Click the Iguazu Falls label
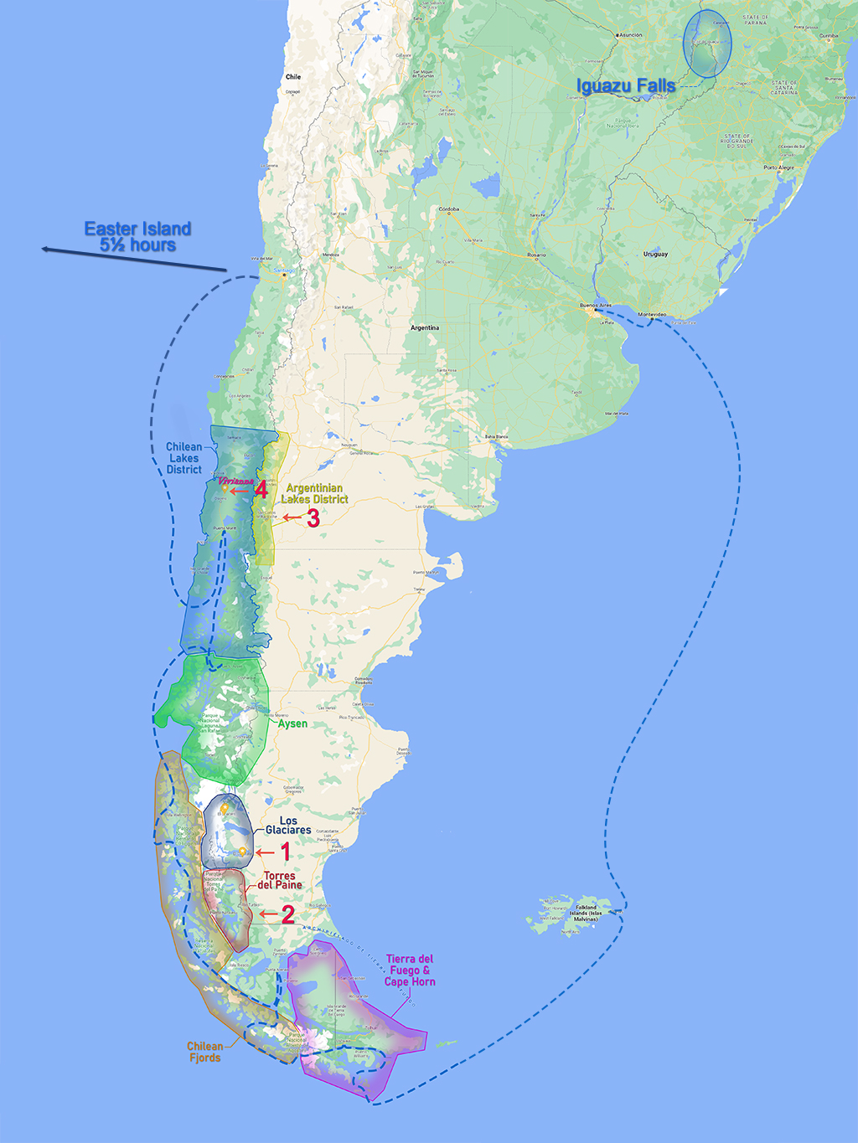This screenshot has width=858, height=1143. pyautogui.click(x=625, y=86)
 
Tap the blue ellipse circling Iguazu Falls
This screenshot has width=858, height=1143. pyautogui.click(x=707, y=44)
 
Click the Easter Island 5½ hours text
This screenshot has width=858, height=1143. pyautogui.click(x=137, y=237)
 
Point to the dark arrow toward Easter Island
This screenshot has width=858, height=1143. pyautogui.click(x=134, y=260)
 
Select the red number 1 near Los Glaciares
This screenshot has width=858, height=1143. pyautogui.click(x=285, y=852)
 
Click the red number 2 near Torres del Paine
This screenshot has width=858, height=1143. pyautogui.click(x=287, y=914)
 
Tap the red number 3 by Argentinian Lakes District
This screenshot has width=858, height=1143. pyautogui.click(x=313, y=518)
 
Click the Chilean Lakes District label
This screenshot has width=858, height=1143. pyautogui.click(x=183, y=458)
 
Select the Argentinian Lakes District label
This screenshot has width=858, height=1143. pyautogui.click(x=315, y=493)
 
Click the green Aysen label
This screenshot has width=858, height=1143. pyautogui.click(x=292, y=723)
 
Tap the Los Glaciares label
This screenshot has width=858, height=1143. pyautogui.click(x=288, y=826)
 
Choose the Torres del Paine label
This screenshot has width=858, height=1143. pyautogui.click(x=280, y=880)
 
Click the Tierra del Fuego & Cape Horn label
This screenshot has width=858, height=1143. pyautogui.click(x=410, y=971)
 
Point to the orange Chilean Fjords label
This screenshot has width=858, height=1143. pyautogui.click(x=205, y=1052)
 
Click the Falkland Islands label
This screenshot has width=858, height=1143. pyautogui.click(x=586, y=913)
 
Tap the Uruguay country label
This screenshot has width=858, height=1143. pyautogui.click(x=655, y=254)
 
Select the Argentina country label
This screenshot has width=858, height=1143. pyautogui.click(x=424, y=327)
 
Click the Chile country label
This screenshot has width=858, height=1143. pyautogui.click(x=293, y=77)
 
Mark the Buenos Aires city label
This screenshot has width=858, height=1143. pyautogui.click(x=596, y=306)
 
